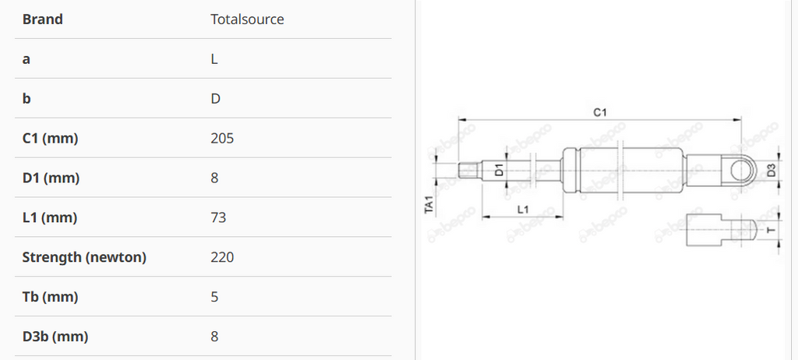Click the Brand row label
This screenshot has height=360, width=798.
tap(42, 19)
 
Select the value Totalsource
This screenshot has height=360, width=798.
tap(247, 19)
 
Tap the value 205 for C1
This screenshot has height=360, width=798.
tap(222, 138)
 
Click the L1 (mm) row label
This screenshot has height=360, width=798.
tap(49, 217)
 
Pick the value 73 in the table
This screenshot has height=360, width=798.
tap(218, 217)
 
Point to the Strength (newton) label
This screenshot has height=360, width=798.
tap(84, 257)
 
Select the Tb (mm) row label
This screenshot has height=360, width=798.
tap(50, 297)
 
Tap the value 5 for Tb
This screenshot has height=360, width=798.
tap(214, 297)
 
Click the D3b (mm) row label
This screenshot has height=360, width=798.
tap(55, 337)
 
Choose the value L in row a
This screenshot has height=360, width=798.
tap(214, 59)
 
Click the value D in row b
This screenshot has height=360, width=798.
tap(215, 99)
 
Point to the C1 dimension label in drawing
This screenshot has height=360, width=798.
tap(600, 113)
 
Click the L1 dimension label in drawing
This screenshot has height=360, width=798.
tap(524, 209)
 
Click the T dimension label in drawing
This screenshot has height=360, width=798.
tap(771, 231)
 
